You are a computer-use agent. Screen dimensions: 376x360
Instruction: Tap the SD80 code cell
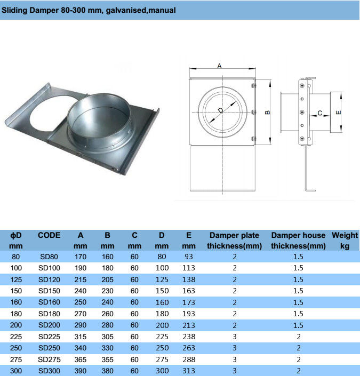[x=49, y=257]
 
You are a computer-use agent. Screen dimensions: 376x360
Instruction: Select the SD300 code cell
[x=49, y=371]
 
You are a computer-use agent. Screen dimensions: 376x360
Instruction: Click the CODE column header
[x=49, y=235]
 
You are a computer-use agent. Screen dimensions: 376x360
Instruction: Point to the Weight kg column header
[x=345, y=240]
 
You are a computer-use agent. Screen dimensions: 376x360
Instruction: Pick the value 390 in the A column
[x=81, y=371]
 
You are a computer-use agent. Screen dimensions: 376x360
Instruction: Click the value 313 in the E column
[x=189, y=371]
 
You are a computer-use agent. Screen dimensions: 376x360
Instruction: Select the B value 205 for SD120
[x=107, y=279]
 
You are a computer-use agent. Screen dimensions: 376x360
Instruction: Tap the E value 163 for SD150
[x=189, y=291]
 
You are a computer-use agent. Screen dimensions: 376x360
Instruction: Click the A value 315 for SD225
[x=81, y=337]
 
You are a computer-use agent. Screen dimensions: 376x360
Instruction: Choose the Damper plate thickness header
[x=234, y=240]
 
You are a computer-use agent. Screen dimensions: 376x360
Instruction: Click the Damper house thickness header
[x=298, y=240]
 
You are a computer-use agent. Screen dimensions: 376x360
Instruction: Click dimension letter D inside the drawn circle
[x=220, y=111]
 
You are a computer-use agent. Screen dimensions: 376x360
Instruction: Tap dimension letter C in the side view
[x=319, y=113]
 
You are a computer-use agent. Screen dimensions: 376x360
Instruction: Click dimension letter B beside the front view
[x=268, y=113]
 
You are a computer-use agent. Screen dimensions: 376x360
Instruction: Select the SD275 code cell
[x=49, y=359]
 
